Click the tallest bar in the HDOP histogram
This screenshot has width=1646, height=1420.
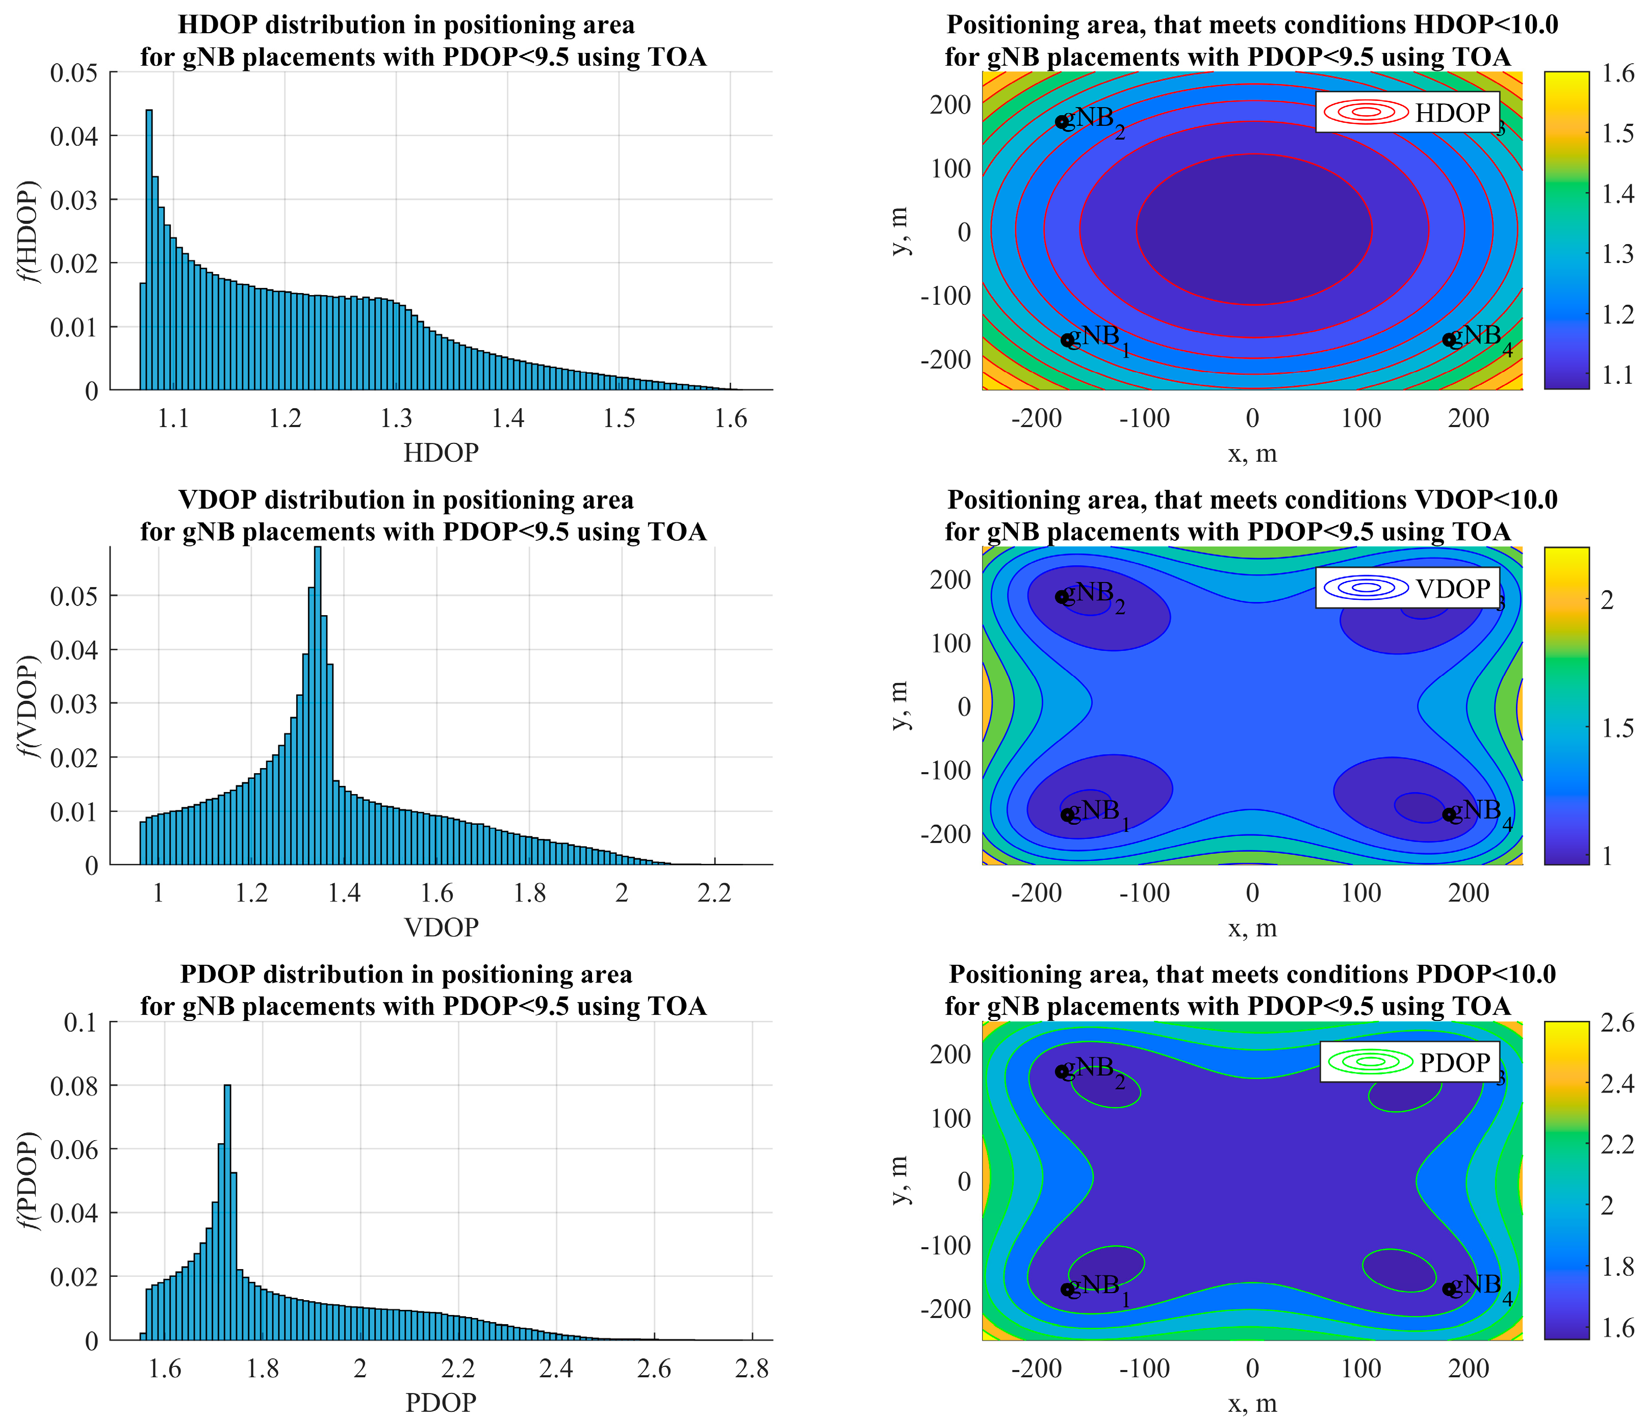click(148, 250)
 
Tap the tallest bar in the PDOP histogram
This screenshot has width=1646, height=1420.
click(227, 1215)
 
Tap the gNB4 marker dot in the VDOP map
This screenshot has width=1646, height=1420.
click(1449, 814)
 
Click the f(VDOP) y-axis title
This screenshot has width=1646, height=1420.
click(30, 705)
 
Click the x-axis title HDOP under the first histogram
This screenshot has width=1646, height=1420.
click(441, 453)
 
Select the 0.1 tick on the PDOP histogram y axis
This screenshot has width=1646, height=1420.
click(80, 1023)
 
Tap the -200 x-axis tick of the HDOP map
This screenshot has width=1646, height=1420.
click(1036, 418)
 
